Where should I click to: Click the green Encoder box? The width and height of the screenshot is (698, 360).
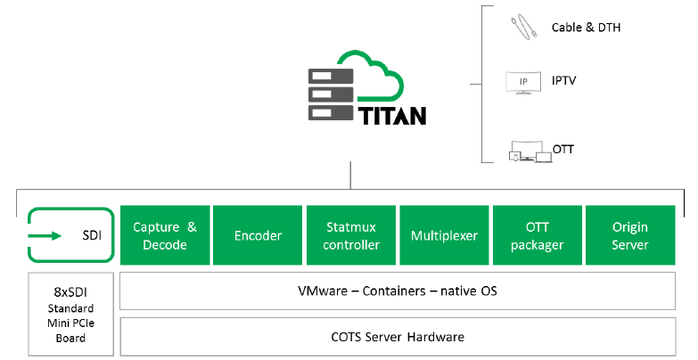(258, 236)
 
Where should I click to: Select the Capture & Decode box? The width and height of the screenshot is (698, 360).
(165, 236)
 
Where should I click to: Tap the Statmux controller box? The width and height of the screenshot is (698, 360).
(350, 236)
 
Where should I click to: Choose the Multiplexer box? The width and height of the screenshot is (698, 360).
(444, 236)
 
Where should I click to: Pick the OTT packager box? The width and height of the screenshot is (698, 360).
(537, 236)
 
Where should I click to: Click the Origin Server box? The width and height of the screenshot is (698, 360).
(629, 236)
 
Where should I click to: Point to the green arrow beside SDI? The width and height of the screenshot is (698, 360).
(45, 236)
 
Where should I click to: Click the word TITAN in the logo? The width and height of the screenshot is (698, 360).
(392, 116)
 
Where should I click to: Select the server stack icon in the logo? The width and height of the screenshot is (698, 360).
(330, 94)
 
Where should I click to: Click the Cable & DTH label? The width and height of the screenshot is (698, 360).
(586, 28)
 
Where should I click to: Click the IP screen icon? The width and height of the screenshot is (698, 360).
(522, 82)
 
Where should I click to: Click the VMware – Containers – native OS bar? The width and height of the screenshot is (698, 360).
(397, 291)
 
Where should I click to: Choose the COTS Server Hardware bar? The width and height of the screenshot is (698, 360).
(397, 337)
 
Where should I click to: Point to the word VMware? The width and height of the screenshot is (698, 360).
(322, 291)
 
